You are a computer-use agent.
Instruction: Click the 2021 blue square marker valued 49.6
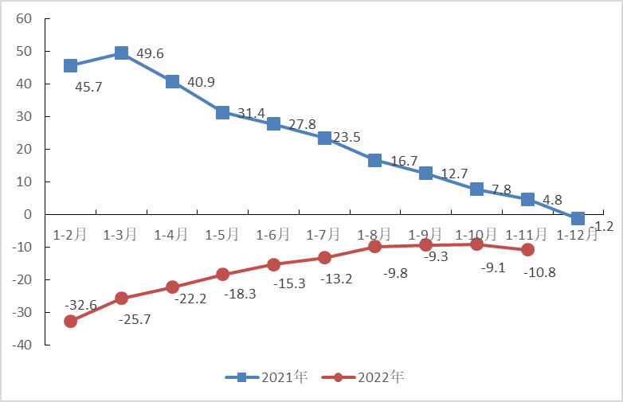coord(121,53)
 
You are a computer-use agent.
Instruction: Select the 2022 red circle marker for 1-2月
coord(70,321)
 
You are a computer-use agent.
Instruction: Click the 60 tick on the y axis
coord(23,18)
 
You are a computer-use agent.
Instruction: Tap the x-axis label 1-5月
coord(221,235)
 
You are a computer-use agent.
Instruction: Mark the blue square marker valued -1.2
coord(578,218)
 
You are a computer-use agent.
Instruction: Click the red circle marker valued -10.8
coord(527,250)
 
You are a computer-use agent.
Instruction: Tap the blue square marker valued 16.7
coord(375,160)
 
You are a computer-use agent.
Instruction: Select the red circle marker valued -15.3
coord(273,264)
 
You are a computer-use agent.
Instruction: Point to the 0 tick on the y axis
coord(28,214)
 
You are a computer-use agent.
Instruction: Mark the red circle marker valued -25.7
coord(121,299)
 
